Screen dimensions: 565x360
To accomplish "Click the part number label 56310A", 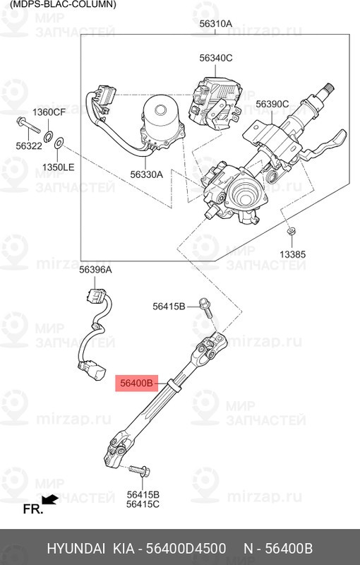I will [x=215, y=23].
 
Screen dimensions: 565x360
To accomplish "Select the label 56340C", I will [x=215, y=58].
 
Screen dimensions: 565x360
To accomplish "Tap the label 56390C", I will [x=272, y=105].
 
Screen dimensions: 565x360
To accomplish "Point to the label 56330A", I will [x=146, y=174].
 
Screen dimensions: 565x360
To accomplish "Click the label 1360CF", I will [x=49, y=112].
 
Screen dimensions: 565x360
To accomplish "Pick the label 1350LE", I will [x=58, y=167].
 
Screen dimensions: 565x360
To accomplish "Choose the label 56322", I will [x=29, y=145].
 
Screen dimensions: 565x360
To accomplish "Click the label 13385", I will [x=292, y=254].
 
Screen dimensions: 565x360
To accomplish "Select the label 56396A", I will [x=95, y=270].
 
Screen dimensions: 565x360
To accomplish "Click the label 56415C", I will [x=143, y=504].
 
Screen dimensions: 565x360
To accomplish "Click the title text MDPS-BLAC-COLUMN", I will [x=59, y=4].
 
